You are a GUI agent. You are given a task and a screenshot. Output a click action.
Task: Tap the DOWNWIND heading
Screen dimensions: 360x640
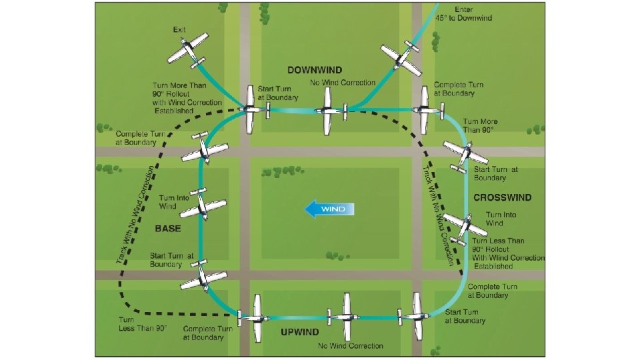tap(315, 69)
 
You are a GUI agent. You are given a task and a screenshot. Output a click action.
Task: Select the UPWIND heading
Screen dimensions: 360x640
tap(299, 332)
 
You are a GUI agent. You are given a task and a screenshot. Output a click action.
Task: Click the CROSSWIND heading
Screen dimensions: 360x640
tap(502, 197)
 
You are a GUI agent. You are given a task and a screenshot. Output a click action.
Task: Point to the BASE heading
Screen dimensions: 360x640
tap(167, 228)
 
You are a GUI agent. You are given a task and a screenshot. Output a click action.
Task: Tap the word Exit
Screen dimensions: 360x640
tap(179, 30)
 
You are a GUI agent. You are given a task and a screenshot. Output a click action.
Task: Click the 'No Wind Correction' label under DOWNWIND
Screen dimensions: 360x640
tap(343, 83)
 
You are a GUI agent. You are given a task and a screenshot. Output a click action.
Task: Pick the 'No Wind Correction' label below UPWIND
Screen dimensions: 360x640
tap(351, 346)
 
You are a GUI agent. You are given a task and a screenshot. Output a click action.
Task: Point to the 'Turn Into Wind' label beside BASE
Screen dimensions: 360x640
tap(174, 202)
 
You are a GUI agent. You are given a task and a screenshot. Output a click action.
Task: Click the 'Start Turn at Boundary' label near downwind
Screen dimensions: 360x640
tap(277, 93)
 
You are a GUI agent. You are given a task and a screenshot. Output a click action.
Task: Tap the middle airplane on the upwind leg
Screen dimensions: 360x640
tap(346, 315)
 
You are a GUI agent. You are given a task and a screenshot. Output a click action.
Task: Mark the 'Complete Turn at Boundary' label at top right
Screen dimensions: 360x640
tap(459, 89)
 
